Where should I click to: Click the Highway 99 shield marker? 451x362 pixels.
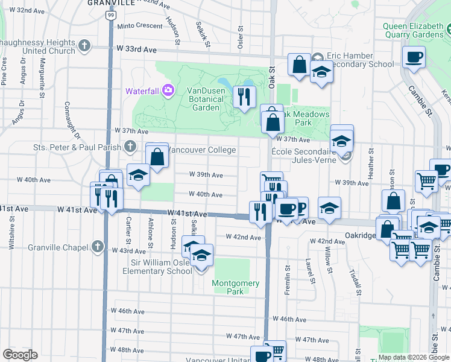pyautogui.click(x=109, y=14)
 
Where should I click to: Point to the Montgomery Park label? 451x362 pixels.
pyautogui.click(x=235, y=287)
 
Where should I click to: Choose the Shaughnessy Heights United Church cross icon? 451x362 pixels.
pyautogui.click(x=84, y=45)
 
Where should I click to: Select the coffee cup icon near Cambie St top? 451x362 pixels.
pyautogui.click(x=414, y=58)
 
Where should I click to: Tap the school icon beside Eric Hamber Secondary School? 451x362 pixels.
pyautogui.click(x=321, y=72)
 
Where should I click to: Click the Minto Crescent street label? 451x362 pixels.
pyautogui.click(x=140, y=27)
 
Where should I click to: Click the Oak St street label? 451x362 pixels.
pyautogui.click(x=272, y=78)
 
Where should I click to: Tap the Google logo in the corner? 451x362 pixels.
pyautogui.click(x=20, y=355)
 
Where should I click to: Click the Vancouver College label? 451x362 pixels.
pyautogui.click(x=201, y=150)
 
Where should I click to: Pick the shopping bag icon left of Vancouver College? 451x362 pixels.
pyautogui.click(x=157, y=157)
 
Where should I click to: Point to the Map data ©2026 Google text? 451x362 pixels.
pyautogui.click(x=414, y=357)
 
